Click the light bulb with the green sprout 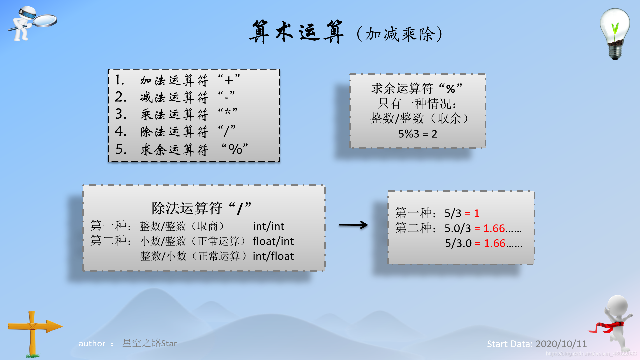(615, 33)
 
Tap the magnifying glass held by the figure (45, 20)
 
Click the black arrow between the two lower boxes (353, 225)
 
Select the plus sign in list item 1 (229, 80)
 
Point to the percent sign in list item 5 (235, 149)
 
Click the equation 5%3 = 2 (417, 134)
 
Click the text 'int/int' (268, 226)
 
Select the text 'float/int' (273, 241)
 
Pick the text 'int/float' (273, 256)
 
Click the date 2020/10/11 (561, 344)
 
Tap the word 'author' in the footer (92, 343)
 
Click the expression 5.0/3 (457, 228)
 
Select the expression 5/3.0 (458, 243)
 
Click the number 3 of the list (120, 114)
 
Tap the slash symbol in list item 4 (227, 131)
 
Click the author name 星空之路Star (149, 343)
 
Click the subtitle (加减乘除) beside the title (399, 34)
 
